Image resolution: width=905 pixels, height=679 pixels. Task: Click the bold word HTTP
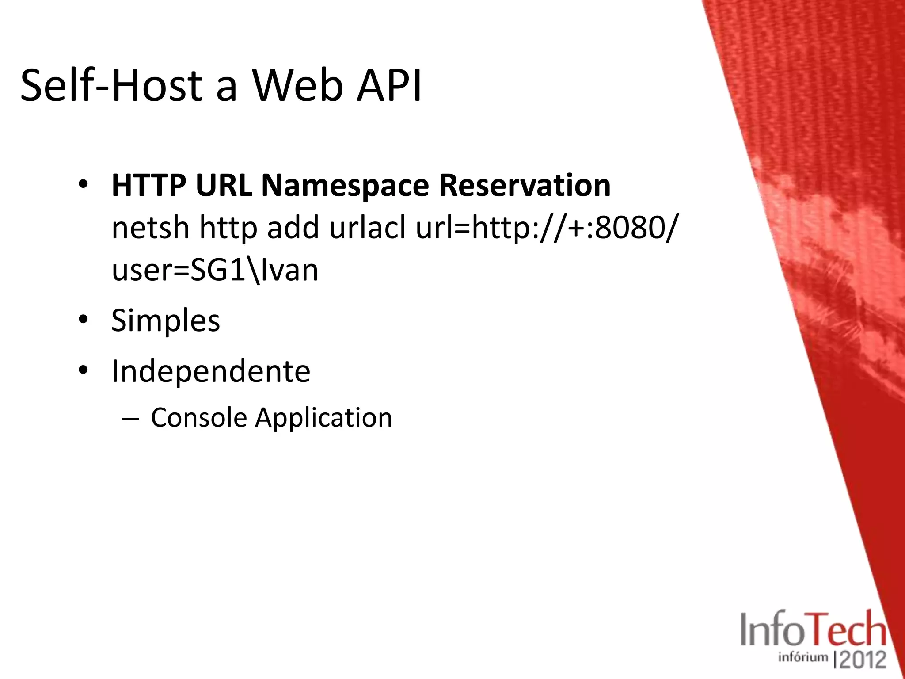[148, 186]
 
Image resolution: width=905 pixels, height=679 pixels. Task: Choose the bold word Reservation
[525, 186]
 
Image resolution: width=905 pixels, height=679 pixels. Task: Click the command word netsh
[150, 228]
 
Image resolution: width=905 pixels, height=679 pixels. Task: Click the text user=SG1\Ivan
[215, 270]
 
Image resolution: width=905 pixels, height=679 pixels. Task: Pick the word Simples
[165, 320]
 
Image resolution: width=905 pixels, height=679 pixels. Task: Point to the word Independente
[211, 371]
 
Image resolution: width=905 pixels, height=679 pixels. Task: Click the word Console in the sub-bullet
[199, 417]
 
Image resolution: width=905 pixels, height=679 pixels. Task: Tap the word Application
[323, 418]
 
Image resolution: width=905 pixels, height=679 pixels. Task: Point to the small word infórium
[803, 657]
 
